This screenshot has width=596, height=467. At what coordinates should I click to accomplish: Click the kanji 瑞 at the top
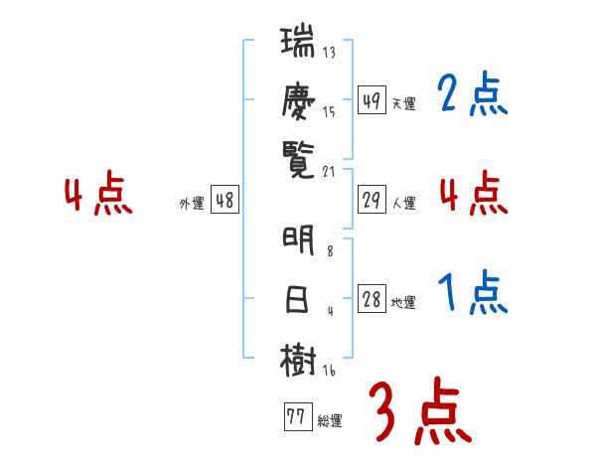(x=298, y=45)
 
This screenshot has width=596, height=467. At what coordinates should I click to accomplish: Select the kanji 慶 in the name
(x=298, y=101)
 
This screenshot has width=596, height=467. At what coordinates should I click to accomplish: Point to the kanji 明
(x=298, y=241)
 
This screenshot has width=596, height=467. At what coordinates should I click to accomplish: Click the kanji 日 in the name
(x=298, y=300)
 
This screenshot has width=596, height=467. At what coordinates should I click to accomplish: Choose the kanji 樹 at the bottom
(x=298, y=360)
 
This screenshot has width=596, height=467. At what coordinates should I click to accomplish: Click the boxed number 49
(x=372, y=99)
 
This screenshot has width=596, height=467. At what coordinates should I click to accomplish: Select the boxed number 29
(x=372, y=200)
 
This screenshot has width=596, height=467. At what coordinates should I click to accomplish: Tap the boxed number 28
(x=372, y=301)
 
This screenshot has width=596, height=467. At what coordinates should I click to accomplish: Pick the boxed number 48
(x=224, y=200)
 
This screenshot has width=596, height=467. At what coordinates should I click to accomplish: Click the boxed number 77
(x=295, y=417)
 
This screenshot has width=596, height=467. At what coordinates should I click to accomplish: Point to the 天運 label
(x=403, y=102)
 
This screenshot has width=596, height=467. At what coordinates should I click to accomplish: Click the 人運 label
(x=403, y=203)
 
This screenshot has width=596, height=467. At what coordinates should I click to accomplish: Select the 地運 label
(x=403, y=303)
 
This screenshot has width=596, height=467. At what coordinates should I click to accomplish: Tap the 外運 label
(x=192, y=203)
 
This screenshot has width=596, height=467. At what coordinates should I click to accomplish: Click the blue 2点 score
(x=472, y=95)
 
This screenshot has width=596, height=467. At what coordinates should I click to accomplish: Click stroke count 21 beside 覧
(x=330, y=170)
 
